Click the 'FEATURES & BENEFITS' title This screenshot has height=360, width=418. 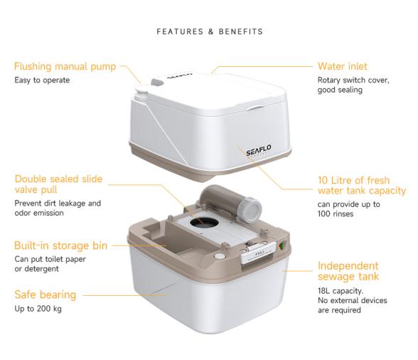209,31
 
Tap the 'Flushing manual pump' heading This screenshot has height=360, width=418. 63,67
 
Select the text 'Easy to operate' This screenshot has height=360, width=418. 42,80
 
